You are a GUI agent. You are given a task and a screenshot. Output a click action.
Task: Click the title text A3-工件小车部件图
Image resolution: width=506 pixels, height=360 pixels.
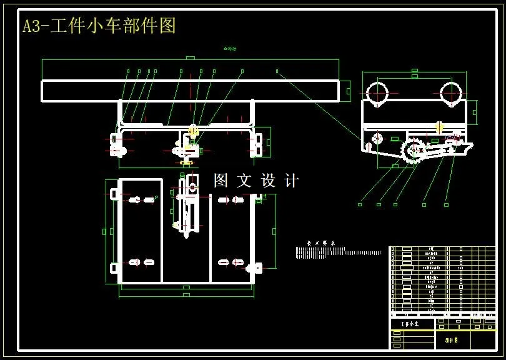click(99, 26)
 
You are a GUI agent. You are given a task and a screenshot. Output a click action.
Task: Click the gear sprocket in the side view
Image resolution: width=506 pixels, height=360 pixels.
click(413, 151)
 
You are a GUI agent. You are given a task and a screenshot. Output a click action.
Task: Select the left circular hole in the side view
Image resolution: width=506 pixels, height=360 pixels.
click(377, 93)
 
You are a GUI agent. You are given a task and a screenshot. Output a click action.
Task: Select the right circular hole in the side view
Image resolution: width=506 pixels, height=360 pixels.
click(450, 93)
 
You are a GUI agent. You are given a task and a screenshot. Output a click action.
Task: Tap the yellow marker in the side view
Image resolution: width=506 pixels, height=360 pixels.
click(439, 127)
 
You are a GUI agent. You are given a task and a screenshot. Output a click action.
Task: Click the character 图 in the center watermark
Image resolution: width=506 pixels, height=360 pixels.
click(221, 181)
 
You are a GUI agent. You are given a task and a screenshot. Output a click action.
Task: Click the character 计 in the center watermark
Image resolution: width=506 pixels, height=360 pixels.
click(291, 181)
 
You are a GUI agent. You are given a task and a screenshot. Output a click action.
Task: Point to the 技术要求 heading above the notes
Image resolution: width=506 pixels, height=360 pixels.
click(321, 242)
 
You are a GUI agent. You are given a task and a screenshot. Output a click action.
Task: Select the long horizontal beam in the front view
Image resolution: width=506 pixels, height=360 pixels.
click(190, 91)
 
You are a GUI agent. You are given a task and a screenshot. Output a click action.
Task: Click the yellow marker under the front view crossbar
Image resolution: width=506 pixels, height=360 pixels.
click(192, 131)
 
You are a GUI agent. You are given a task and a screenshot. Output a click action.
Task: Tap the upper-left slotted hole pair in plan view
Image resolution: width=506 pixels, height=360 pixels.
click(142, 200)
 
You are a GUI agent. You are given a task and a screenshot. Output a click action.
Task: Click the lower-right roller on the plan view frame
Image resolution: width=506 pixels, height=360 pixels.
click(255, 268)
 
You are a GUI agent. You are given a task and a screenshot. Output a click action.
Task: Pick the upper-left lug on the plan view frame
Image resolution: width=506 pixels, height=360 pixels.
click(114, 194)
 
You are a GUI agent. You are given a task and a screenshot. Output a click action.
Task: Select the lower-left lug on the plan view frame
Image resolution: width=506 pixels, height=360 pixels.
click(114, 268)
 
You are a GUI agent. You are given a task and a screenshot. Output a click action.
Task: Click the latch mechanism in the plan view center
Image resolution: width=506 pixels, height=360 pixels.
click(186, 212)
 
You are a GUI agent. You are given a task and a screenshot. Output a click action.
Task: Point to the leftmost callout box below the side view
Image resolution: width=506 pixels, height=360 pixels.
click(360, 204)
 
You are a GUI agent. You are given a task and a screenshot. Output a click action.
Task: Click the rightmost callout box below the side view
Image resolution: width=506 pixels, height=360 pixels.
click(446, 204)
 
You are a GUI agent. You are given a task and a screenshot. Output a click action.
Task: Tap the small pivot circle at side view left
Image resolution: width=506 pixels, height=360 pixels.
click(376, 137)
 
